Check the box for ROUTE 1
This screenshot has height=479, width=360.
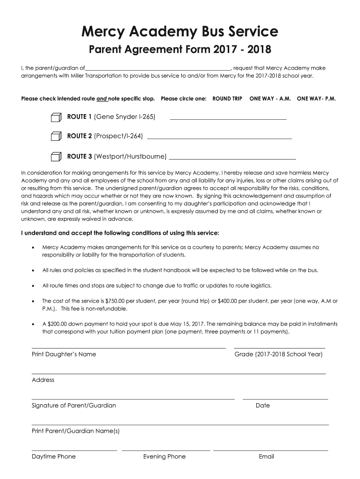(x=56, y=117)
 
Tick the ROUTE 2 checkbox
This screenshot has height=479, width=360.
(x=56, y=136)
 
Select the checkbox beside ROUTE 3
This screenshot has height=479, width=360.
(x=56, y=156)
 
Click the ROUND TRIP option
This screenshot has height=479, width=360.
(x=227, y=99)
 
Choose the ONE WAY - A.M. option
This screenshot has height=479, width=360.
(x=270, y=99)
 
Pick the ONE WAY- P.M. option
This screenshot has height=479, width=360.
(x=316, y=99)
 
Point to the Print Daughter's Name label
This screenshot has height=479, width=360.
(x=64, y=355)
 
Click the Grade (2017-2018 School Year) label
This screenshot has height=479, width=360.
(x=278, y=355)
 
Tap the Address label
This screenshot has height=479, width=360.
(x=43, y=380)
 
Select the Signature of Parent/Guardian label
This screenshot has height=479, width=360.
(x=74, y=406)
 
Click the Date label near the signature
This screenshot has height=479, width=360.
(x=263, y=406)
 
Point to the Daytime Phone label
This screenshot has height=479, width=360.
(x=54, y=457)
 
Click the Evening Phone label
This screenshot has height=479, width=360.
(x=164, y=457)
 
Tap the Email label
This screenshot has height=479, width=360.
(x=266, y=457)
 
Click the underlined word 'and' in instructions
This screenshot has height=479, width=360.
(x=101, y=99)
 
